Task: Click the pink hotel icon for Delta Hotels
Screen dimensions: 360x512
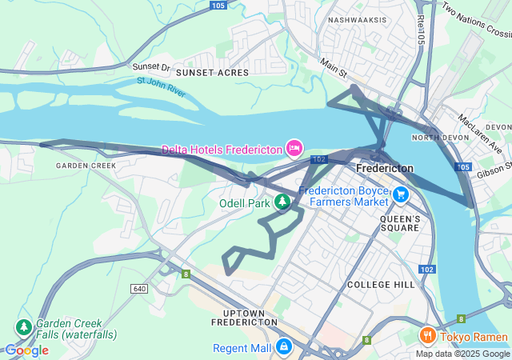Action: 294,148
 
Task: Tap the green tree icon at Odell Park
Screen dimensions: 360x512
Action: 282,202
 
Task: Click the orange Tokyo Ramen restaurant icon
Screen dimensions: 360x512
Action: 428,334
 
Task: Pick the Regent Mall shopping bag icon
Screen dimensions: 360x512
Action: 283,347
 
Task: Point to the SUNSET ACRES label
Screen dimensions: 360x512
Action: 212,73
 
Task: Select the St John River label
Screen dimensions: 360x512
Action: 161,87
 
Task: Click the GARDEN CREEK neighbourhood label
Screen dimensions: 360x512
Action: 86,166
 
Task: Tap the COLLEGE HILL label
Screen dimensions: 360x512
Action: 380,285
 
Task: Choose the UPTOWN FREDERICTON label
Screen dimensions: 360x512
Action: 243,316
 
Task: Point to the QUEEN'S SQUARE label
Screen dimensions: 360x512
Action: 400,223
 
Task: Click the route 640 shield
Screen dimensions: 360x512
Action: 141,288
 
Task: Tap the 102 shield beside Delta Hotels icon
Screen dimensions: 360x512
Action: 319,160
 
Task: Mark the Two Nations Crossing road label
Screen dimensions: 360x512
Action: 476,21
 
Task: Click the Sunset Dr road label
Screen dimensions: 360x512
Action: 152,68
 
